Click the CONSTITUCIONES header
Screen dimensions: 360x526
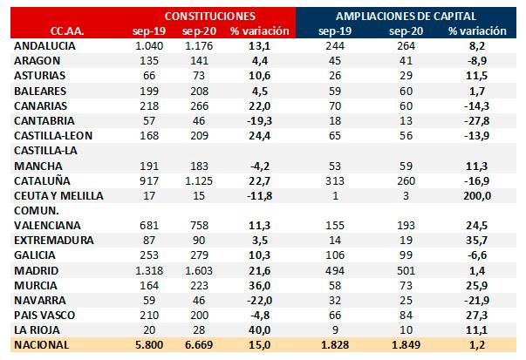pyautogui.click(x=210, y=16)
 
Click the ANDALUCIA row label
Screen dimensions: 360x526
pyautogui.click(x=46, y=44)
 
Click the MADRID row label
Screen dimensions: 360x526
pyautogui.click(x=35, y=271)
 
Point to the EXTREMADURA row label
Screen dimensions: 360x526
pyautogui.click(x=51, y=240)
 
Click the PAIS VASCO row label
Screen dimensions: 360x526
pyautogui.click(x=44, y=316)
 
